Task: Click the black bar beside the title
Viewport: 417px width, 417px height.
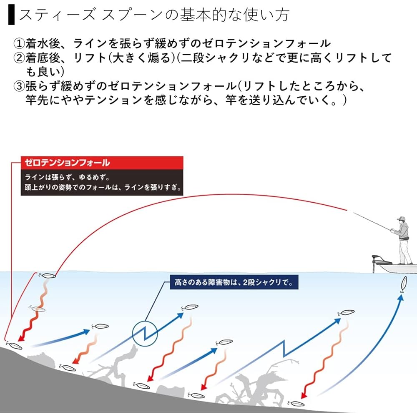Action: (x=11, y=15)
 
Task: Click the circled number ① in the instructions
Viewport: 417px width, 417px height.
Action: (x=19, y=43)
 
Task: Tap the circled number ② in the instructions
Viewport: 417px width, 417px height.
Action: (x=19, y=58)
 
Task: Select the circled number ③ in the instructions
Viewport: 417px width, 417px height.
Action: (x=19, y=86)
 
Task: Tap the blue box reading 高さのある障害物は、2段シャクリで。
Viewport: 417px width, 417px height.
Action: (x=234, y=282)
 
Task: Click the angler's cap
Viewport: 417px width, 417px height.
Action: (x=401, y=219)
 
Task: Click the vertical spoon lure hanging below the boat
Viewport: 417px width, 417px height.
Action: (x=403, y=284)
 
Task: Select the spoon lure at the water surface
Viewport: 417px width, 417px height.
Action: (x=48, y=276)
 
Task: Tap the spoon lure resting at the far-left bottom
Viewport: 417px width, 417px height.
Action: (x=14, y=345)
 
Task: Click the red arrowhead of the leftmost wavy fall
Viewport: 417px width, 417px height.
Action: (x=21, y=338)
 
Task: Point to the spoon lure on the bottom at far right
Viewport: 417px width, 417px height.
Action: (x=296, y=403)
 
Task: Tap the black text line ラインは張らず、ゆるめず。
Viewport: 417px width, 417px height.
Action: (x=67, y=177)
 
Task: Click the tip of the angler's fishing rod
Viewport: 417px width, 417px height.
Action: (x=354, y=212)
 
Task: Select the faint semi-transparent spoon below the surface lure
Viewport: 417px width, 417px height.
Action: (x=37, y=309)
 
